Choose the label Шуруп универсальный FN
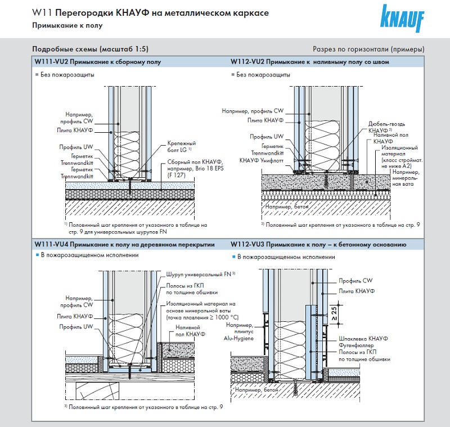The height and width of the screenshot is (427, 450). point(200,274)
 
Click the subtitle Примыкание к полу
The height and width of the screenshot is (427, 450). point(61,26)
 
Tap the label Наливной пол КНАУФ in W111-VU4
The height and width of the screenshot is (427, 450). point(191,330)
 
